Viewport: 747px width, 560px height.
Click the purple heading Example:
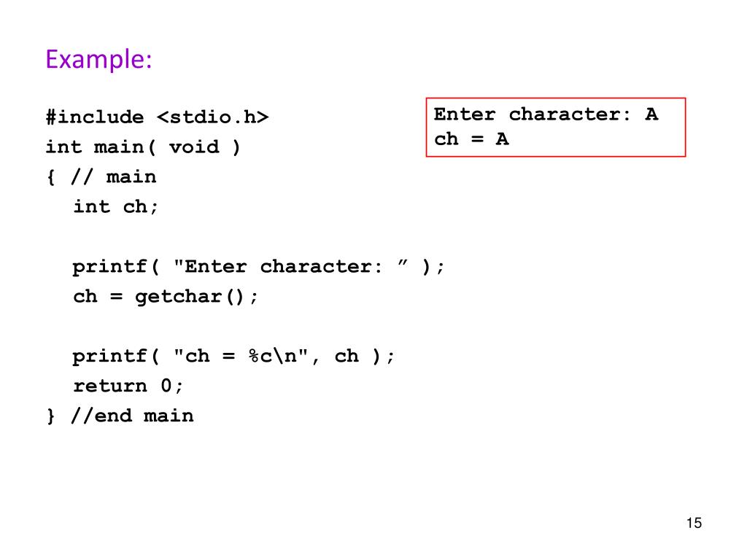(x=98, y=59)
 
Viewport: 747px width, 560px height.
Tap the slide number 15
(x=693, y=524)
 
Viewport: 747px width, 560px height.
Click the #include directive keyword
(x=95, y=117)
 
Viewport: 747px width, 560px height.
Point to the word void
(x=193, y=147)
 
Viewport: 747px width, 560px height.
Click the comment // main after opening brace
(x=113, y=177)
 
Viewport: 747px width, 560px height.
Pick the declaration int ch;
(x=115, y=207)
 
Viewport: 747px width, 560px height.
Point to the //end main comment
(x=132, y=416)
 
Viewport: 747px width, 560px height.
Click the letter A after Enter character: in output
(x=651, y=114)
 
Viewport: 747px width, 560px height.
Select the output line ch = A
(x=471, y=139)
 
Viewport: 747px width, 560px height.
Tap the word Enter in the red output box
(x=465, y=114)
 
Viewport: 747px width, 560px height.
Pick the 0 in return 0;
(x=166, y=386)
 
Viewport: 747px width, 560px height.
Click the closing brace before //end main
(x=51, y=416)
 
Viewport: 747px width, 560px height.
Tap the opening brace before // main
(x=51, y=177)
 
